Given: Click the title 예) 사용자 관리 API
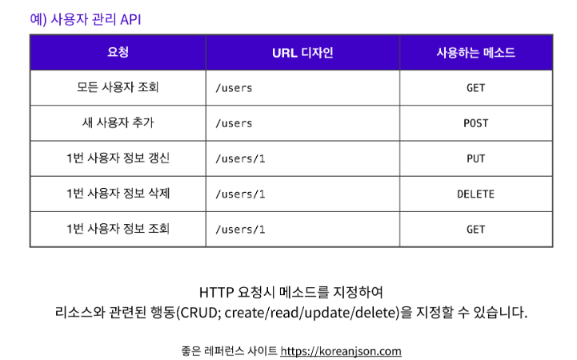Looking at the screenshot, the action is [x=86, y=19].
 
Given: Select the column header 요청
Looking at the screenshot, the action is [x=118, y=52].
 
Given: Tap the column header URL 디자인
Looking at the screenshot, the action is [x=303, y=53].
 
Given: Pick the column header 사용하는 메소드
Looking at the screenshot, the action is [x=475, y=53].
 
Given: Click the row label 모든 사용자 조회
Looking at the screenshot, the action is [x=118, y=87].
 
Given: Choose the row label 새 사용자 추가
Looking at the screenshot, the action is [x=118, y=122].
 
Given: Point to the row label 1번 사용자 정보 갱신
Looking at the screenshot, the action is [x=118, y=158].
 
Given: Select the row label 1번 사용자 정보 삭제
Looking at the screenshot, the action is [x=118, y=193].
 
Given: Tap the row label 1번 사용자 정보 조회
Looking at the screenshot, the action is [x=118, y=229].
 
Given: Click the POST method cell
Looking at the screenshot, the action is [x=475, y=123].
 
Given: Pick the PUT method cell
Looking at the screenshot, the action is [x=475, y=158].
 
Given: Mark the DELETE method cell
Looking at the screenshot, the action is [x=475, y=194].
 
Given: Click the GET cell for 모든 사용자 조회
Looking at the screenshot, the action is [x=475, y=88].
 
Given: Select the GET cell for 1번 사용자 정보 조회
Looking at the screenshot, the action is [x=475, y=230].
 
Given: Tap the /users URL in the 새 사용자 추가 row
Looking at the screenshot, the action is [x=234, y=123].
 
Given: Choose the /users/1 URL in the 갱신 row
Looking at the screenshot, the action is [x=240, y=158].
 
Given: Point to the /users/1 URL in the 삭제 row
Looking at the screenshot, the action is [x=240, y=194].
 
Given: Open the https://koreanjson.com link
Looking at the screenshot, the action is [x=341, y=351].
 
